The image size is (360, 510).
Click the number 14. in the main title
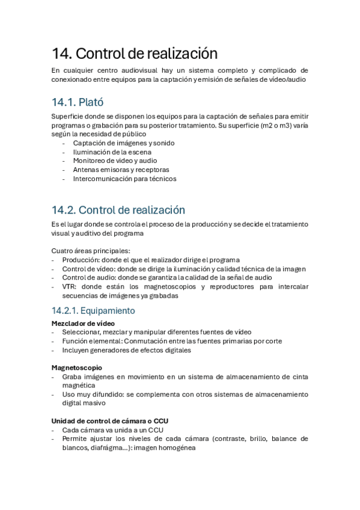coord(62,53)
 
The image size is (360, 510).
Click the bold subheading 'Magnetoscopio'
coord(77,367)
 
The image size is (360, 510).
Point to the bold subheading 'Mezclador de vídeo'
coord(83,323)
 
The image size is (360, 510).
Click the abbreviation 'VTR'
coord(69,287)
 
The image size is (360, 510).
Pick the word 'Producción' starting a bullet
coord(80,260)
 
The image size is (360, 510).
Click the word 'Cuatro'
coord(63,251)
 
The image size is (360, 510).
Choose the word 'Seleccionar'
coord(82,332)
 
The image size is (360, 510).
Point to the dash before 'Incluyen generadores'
coord(55,349)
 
